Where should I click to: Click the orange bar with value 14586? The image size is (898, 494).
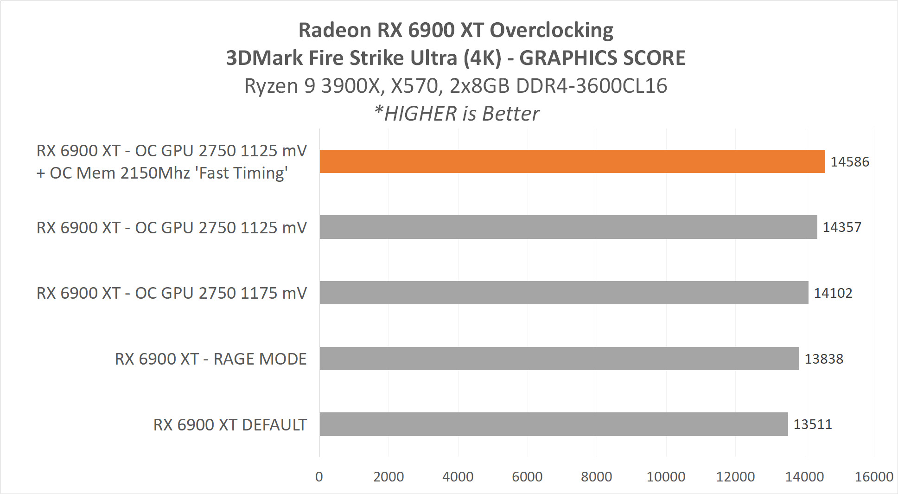[572, 161]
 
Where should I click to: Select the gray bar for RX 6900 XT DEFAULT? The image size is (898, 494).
[554, 424]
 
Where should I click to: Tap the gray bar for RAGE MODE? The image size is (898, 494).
[559, 359]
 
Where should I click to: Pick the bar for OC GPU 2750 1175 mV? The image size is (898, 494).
[564, 293]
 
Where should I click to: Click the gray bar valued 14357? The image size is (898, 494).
[568, 227]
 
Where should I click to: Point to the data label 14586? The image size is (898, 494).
[849, 162]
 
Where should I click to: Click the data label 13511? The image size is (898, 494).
[812, 424]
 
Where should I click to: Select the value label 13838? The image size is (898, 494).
[823, 359]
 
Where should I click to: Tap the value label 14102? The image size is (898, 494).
[833, 293]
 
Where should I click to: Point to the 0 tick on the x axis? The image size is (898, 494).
[319, 477]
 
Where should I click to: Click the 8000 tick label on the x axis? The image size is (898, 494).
[596, 477]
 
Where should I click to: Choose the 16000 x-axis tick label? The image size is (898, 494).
[873, 477]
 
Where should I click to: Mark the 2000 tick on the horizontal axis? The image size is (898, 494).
[388, 477]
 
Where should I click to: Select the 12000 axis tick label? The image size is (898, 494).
[735, 477]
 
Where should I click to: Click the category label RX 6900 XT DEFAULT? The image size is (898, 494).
[230, 425]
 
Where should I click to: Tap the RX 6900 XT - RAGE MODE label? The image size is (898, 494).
[210, 359]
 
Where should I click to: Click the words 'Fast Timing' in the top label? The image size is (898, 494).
[242, 173]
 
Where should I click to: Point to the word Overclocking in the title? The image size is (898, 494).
[551, 30]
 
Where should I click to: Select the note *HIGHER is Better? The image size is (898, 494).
[457, 114]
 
